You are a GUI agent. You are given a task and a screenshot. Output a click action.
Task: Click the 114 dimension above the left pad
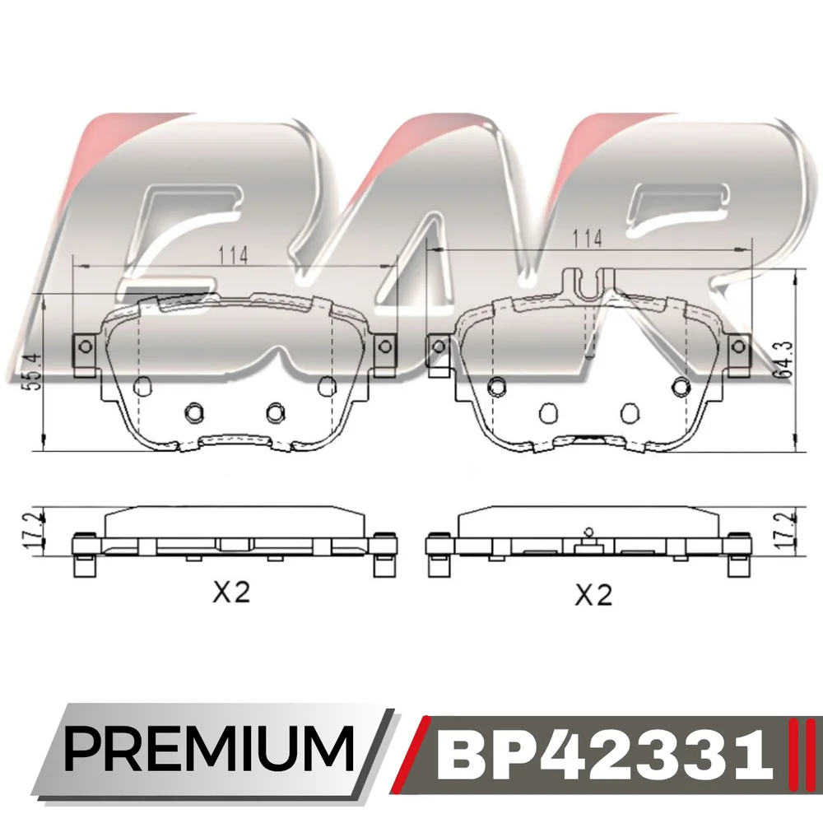click(x=233, y=256)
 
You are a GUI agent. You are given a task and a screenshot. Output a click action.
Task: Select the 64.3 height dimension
click(x=783, y=360)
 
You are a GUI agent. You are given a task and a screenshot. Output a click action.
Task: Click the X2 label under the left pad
click(x=231, y=593)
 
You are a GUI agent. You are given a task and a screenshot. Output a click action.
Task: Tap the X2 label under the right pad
click(x=593, y=595)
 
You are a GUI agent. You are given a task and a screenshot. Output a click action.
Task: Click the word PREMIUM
click(x=209, y=748)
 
